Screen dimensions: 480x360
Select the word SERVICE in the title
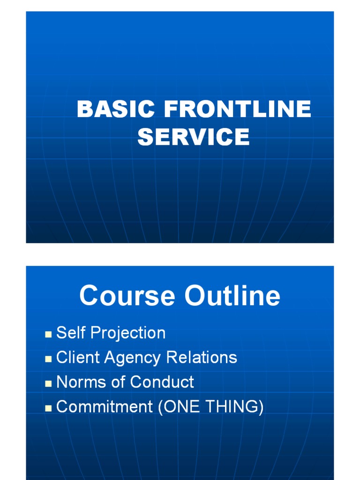coord(194,137)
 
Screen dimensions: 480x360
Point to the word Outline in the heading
coord(232,296)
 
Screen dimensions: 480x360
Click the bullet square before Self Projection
coord(48,335)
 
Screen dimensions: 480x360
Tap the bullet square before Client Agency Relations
coord(48,359)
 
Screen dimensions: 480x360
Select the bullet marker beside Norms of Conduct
coord(48,383)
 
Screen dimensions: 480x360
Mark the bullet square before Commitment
coord(48,408)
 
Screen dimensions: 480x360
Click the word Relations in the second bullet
coord(202,358)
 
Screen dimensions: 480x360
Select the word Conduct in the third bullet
coord(162,382)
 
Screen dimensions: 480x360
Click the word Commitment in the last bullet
coord(105,406)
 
